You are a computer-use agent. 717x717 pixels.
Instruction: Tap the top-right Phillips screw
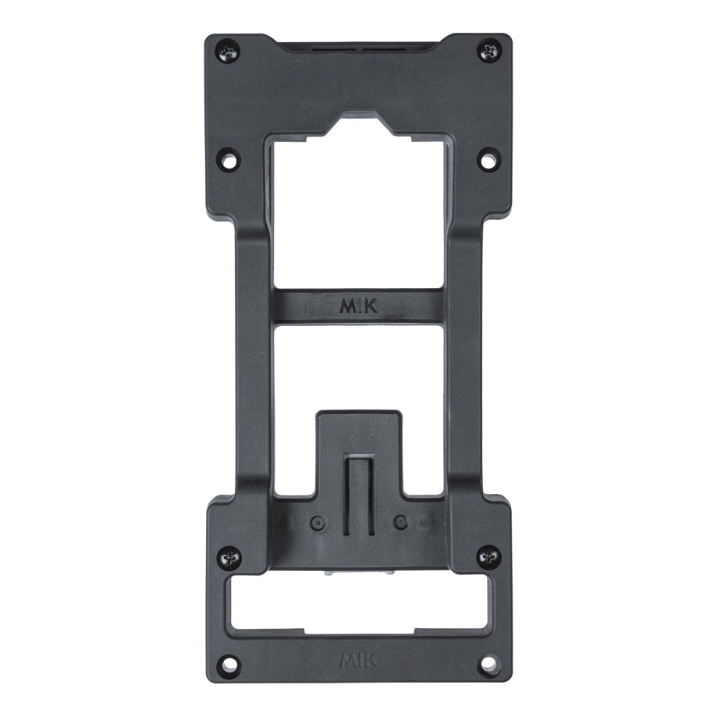[489, 50]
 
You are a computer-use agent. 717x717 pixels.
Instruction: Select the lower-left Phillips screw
[229, 558]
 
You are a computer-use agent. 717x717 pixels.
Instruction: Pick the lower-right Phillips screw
[489, 557]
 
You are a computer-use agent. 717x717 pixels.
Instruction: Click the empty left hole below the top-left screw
[229, 160]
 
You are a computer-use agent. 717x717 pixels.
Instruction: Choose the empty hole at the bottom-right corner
[489, 662]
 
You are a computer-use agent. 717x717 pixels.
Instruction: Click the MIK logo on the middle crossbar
[359, 306]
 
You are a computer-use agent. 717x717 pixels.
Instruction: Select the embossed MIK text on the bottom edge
[359, 660]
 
